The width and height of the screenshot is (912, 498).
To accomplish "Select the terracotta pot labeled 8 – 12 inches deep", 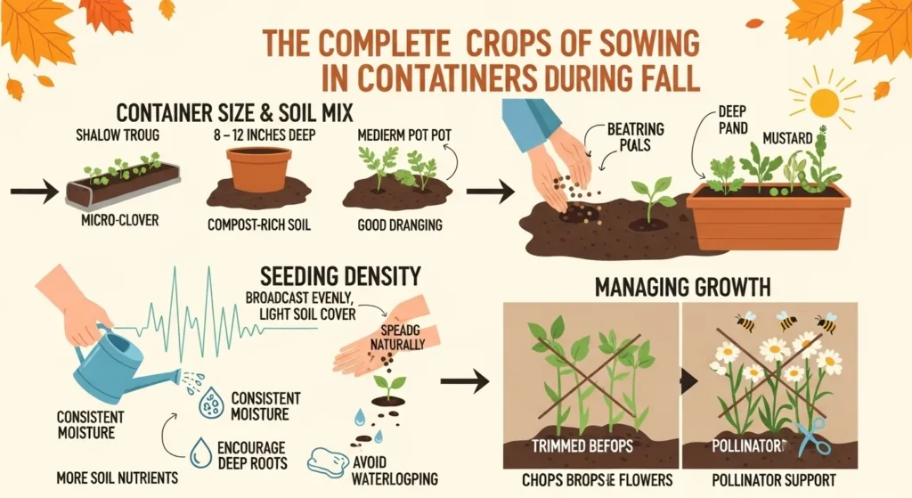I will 259,169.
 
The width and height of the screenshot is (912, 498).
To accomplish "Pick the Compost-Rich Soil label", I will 258,225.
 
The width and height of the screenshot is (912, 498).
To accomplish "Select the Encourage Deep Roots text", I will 251,454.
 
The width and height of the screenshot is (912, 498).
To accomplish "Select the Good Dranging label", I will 399,225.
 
